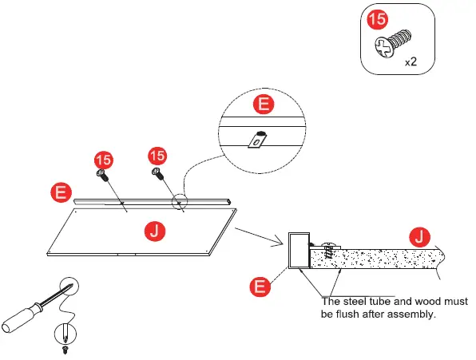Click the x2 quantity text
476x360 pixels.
coord(411,62)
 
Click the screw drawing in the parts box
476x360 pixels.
coord(393,43)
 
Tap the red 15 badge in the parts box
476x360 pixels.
coord(378,19)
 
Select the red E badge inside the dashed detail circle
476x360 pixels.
coord(264,104)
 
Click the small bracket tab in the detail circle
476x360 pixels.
coord(257,140)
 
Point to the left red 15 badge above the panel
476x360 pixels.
coord(104,160)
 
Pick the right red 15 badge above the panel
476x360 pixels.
coord(157,156)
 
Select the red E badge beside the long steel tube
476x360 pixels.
coord(61,192)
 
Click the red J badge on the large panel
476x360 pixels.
coord(155,231)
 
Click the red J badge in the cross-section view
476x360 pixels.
coord(420,237)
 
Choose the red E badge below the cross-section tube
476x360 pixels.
coord(260,286)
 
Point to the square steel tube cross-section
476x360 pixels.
coord(299,251)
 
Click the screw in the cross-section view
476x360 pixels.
coord(328,250)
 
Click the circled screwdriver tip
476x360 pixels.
coord(69,287)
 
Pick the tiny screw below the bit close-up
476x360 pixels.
coord(65,350)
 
